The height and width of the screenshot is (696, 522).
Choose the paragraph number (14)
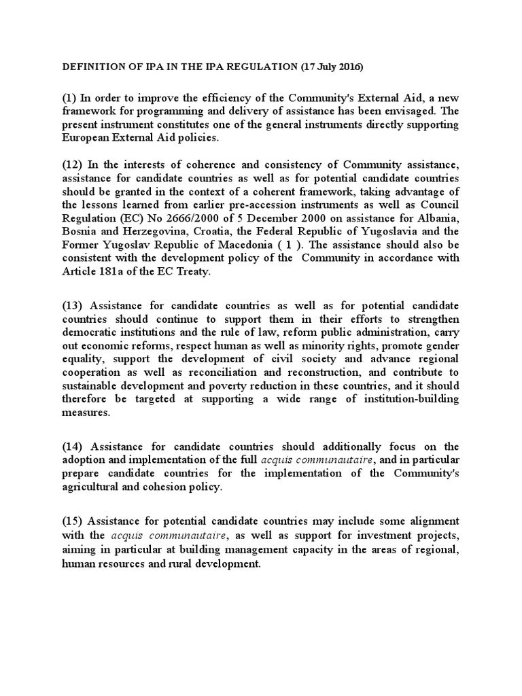pyautogui.click(x=73, y=447)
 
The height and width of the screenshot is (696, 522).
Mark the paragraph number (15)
pyautogui.click(x=73, y=521)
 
